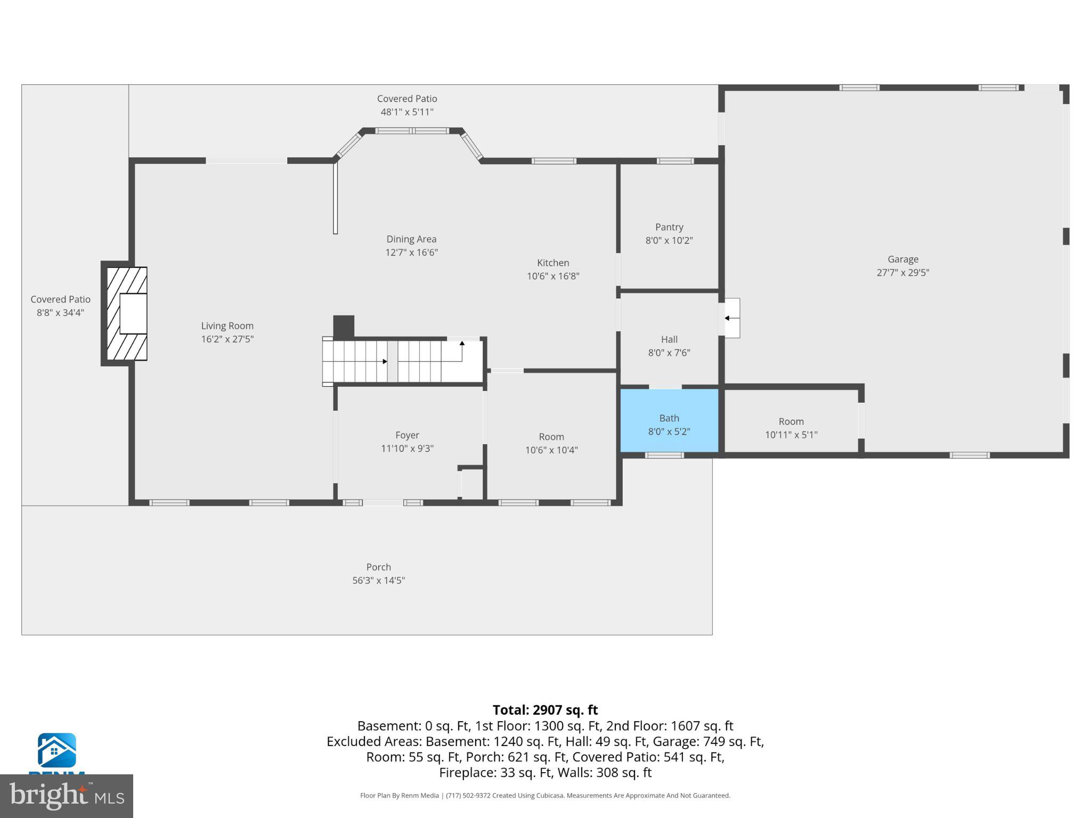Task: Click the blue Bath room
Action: pyautogui.click(x=669, y=421)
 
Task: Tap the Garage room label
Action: pyautogui.click(x=902, y=259)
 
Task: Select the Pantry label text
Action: pyautogui.click(x=669, y=227)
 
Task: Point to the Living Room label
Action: pyautogui.click(x=227, y=326)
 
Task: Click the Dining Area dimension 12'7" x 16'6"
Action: pyautogui.click(x=411, y=252)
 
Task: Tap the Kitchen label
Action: pyautogui.click(x=552, y=263)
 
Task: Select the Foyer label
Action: pyautogui.click(x=407, y=435)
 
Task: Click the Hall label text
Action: pyautogui.click(x=669, y=339)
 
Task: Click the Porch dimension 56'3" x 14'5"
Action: pyautogui.click(x=378, y=580)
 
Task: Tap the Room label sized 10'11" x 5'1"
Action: pyautogui.click(x=791, y=421)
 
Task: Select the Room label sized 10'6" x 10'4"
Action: pyautogui.click(x=551, y=437)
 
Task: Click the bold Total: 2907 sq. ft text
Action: pyautogui.click(x=545, y=710)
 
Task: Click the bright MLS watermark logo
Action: pyautogui.click(x=66, y=796)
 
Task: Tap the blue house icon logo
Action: pyautogui.click(x=56, y=750)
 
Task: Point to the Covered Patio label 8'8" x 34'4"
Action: pyautogui.click(x=60, y=300)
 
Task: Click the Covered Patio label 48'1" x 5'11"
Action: pyautogui.click(x=407, y=99)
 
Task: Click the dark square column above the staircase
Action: pyautogui.click(x=344, y=326)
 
